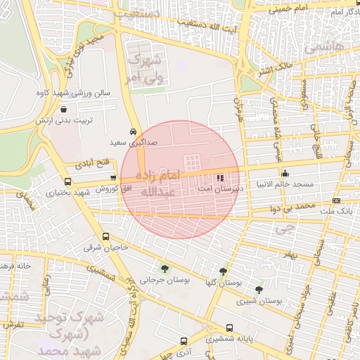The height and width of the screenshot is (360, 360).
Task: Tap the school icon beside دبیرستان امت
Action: click(220, 178)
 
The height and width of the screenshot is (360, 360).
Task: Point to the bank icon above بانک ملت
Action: click(336, 200)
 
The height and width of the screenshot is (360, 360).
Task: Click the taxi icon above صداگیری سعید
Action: click(133, 131)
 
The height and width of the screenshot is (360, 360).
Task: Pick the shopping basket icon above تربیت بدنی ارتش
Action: click(65, 110)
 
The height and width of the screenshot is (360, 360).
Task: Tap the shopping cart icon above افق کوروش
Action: click(113, 178)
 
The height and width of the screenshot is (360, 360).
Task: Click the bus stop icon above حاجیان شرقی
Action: click(105, 236)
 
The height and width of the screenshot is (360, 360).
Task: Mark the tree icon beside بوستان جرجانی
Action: click(164, 268)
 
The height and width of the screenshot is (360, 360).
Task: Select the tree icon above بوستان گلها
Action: click(223, 271)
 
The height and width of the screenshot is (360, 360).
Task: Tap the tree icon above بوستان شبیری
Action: click(259, 289)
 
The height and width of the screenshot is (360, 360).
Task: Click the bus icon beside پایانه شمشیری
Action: click(210, 338)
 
